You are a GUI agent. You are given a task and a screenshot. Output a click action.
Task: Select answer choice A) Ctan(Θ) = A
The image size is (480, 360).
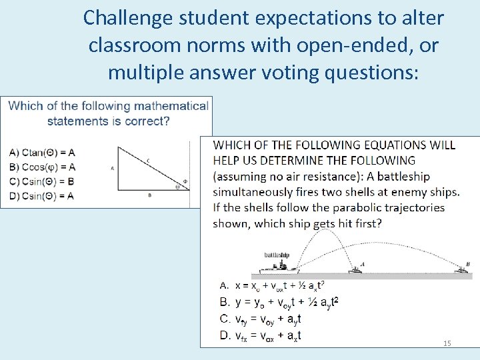(x=42, y=152)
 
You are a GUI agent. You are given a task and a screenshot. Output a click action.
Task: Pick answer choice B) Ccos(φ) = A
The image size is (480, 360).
(x=42, y=167)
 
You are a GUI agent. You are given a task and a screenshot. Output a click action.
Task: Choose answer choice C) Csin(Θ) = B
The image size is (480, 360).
(x=42, y=181)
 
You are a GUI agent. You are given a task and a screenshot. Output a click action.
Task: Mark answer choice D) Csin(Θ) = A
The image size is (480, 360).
(x=42, y=195)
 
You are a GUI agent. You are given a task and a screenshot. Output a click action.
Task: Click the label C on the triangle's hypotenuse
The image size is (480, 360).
(x=147, y=159)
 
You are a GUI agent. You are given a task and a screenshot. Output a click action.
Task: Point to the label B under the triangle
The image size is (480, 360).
(x=149, y=195)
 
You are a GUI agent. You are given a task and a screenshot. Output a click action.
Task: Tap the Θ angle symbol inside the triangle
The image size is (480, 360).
(x=178, y=187)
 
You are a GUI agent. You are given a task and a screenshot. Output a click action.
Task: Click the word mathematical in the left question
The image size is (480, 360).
(x=171, y=106)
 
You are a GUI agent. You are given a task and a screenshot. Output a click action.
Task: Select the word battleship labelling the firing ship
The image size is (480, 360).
(x=277, y=255)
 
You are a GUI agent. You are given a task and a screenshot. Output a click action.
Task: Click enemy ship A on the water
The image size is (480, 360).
(x=357, y=268)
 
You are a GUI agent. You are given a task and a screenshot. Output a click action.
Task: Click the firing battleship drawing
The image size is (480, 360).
(x=279, y=266)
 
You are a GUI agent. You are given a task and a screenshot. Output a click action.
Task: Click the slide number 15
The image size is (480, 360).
(x=447, y=343)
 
